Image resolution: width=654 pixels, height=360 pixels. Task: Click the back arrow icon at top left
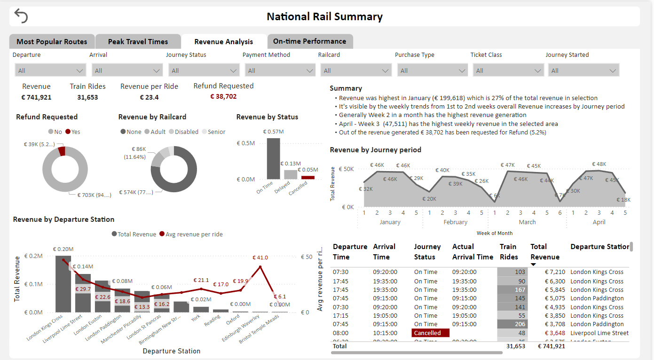point(21,16)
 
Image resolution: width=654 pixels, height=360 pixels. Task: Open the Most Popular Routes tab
point(52,42)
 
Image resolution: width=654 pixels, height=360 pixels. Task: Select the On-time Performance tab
point(309,41)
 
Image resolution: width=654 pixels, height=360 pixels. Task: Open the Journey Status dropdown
point(204,70)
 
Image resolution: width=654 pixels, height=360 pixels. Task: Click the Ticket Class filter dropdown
point(508,70)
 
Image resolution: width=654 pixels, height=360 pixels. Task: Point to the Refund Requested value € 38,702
point(223,96)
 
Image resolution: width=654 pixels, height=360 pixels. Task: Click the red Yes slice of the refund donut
point(62,151)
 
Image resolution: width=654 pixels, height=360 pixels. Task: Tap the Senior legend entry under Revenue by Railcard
point(213,132)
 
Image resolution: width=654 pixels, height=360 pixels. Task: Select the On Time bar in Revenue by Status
point(273,158)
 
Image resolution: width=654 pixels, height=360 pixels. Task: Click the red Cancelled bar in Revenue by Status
point(308,178)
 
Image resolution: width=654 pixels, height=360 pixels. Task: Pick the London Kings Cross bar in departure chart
point(63,284)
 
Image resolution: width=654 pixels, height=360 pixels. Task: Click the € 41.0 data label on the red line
point(260,258)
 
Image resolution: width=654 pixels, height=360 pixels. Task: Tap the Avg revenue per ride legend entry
point(191,235)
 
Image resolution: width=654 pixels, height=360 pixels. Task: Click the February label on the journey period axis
point(455,222)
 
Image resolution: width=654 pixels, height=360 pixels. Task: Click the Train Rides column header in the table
point(508,252)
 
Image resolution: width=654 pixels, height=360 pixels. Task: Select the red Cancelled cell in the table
point(430,333)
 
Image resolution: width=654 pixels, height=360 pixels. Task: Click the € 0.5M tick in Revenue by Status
point(245,143)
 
